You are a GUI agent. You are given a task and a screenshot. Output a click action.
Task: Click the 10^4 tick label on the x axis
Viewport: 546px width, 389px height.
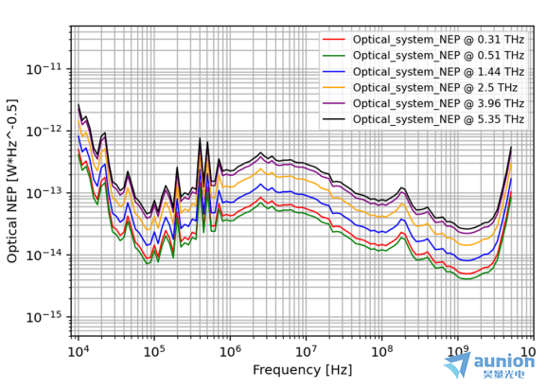click(x=79, y=351)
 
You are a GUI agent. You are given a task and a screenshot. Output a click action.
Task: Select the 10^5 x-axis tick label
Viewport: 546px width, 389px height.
click(x=154, y=351)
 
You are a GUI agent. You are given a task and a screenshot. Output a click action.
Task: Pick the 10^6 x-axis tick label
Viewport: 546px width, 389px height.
click(x=230, y=351)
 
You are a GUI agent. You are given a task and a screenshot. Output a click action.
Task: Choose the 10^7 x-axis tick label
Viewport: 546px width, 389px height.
click(x=306, y=351)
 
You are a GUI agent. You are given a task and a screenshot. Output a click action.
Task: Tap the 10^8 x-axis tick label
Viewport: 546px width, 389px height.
click(x=381, y=351)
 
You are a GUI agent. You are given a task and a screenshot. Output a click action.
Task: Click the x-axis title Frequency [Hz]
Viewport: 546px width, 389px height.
click(x=302, y=370)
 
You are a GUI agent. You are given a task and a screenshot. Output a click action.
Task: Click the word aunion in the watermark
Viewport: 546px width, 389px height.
click(x=504, y=362)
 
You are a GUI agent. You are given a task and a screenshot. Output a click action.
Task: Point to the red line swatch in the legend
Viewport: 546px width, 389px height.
click(x=334, y=40)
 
